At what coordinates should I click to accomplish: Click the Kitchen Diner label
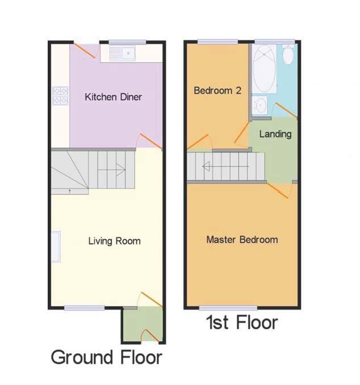pos(113,97)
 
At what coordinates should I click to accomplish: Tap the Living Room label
pos(114,241)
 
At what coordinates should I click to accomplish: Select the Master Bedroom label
pos(242,239)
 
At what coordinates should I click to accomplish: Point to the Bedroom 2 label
pos(214,90)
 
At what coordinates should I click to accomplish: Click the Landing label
pos(275,134)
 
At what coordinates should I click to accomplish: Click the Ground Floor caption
pos(106,358)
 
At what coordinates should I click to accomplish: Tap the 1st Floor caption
pos(242,323)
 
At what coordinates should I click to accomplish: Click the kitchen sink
pos(122,54)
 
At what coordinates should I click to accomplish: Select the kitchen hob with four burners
pos(60,95)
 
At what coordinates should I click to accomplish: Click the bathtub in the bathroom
pos(264,69)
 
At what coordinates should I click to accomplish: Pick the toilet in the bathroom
pos(288,55)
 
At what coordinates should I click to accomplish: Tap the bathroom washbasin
pos(261,105)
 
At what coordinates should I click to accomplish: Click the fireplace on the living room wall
pos(56,246)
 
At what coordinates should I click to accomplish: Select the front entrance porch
pos(143,325)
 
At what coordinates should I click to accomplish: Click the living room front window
pos(84,308)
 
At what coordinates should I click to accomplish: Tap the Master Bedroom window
pos(228,308)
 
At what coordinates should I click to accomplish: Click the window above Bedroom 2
pos(217,41)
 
